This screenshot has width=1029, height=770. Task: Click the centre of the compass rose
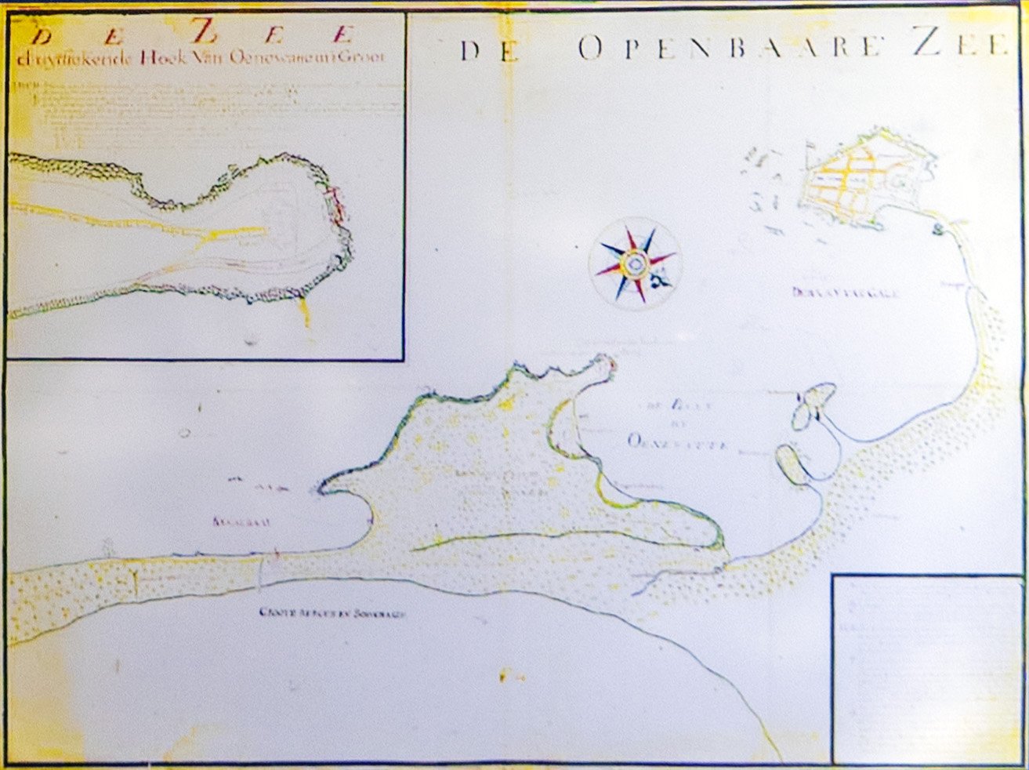(635, 263)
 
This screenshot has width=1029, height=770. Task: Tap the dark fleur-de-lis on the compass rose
(659, 278)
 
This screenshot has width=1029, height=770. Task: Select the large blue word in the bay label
(679, 442)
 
